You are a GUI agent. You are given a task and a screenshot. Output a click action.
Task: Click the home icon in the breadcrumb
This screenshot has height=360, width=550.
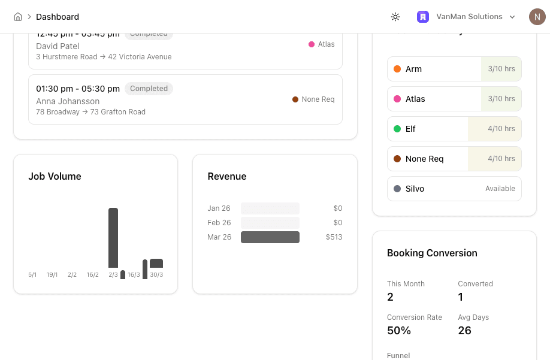pyautogui.click(x=18, y=17)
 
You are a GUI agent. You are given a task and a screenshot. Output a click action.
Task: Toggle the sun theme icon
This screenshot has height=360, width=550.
pyautogui.click(x=395, y=17)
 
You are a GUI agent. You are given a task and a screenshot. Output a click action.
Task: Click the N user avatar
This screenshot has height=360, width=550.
pyautogui.click(x=537, y=17)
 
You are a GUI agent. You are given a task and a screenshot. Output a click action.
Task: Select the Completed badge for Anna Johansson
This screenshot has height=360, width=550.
pyautogui.click(x=149, y=89)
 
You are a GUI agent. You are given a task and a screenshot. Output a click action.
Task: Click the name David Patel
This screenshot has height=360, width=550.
pyautogui.click(x=58, y=46)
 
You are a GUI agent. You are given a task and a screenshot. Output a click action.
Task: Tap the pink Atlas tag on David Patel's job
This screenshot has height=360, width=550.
pyautogui.click(x=322, y=44)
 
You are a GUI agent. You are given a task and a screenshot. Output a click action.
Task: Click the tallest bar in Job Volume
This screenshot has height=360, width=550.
pyautogui.click(x=113, y=237)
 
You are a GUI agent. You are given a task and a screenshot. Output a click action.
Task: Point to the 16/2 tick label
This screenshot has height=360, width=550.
pyautogui.click(x=92, y=275)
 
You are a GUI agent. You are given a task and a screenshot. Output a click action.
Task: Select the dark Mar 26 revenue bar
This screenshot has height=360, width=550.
pyautogui.click(x=270, y=237)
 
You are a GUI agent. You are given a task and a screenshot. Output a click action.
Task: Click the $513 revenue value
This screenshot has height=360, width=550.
pyautogui.click(x=334, y=237)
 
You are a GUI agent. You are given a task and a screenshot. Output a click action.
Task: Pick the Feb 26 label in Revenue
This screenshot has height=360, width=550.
pyautogui.click(x=219, y=223)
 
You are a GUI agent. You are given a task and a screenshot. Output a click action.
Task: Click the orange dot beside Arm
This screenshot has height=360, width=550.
pyautogui.click(x=397, y=69)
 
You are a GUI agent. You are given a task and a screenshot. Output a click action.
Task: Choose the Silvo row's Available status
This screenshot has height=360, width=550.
pyautogui.click(x=500, y=189)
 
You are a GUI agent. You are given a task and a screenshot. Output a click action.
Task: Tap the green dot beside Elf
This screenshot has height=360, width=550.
pyautogui.click(x=397, y=129)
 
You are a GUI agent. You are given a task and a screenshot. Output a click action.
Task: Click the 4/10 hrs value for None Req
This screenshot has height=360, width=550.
pyautogui.click(x=501, y=159)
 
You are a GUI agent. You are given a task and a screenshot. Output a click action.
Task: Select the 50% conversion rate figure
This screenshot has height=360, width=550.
pyautogui.click(x=399, y=331)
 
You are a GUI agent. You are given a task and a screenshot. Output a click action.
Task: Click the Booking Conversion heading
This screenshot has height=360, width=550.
pyautogui.click(x=432, y=253)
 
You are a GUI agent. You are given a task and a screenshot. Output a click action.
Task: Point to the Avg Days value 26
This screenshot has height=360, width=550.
pyautogui.click(x=464, y=331)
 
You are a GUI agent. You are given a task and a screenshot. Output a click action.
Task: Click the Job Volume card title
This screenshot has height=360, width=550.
pyautogui.click(x=55, y=176)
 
